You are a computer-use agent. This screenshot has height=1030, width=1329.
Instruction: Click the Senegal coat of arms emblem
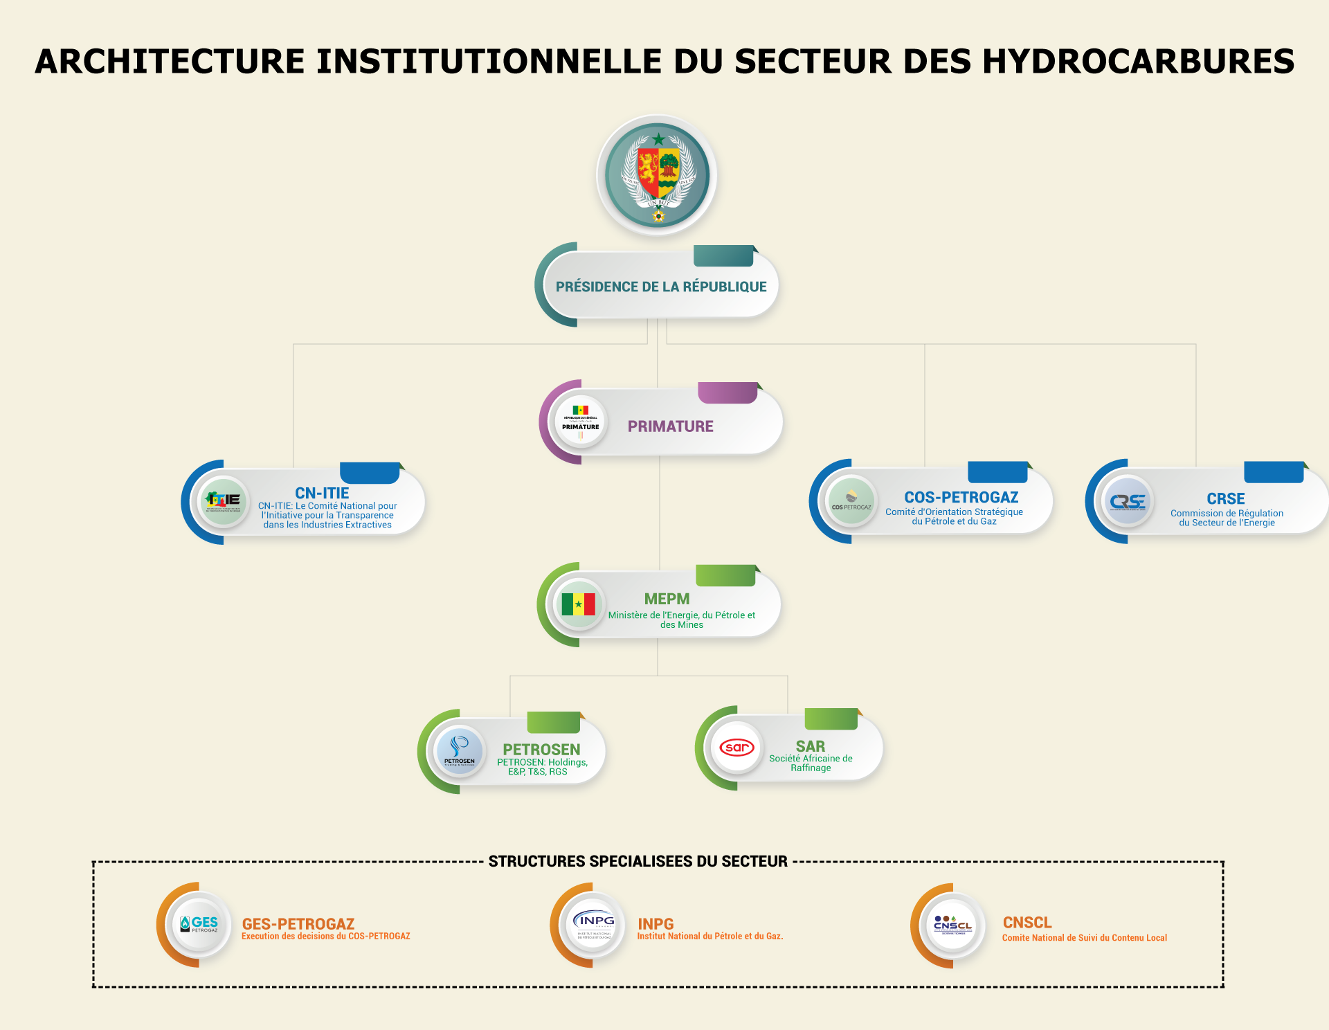point(658,175)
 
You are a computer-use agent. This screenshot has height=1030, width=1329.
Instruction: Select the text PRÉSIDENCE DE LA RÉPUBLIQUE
point(661,287)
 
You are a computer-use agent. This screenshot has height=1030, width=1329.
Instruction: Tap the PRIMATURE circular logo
point(580,422)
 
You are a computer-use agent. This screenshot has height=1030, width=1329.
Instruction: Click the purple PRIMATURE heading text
point(670,426)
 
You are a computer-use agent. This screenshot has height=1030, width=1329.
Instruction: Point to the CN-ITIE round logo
point(223,501)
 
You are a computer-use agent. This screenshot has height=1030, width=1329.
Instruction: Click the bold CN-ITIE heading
point(322,493)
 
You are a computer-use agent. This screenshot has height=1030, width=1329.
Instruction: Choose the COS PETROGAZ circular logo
point(851,501)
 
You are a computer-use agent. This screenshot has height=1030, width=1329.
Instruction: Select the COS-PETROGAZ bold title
point(961,497)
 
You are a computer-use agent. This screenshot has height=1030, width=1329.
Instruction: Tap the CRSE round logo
point(1128,501)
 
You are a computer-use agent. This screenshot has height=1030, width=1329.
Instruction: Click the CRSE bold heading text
point(1225,498)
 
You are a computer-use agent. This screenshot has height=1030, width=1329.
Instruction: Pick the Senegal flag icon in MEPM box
point(578,604)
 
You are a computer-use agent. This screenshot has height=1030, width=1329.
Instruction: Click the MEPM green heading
point(667,599)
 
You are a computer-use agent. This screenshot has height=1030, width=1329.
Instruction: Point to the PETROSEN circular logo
point(459,751)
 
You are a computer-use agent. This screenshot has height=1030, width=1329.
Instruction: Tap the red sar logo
point(736,748)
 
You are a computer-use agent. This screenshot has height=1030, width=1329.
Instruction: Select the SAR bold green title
point(810,746)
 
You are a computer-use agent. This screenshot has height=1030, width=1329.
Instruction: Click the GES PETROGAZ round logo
point(199,924)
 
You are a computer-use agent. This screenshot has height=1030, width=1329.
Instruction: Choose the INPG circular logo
point(593,925)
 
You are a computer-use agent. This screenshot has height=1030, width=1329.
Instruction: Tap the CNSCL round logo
point(953,925)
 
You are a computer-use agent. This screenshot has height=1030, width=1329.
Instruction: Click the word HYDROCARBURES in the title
point(1138,61)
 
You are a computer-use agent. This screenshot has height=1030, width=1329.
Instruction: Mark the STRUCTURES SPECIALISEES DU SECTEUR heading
point(638,861)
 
